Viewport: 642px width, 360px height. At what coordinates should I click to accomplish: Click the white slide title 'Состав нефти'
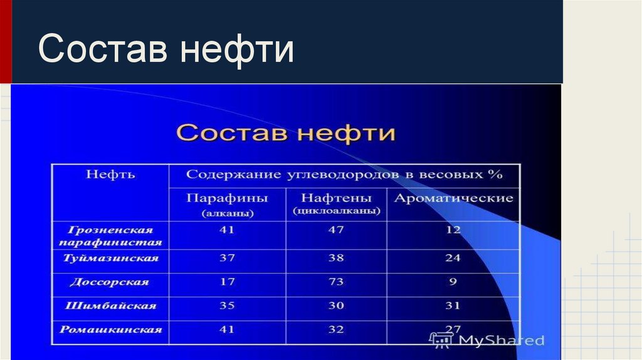pyautogui.click(x=166, y=50)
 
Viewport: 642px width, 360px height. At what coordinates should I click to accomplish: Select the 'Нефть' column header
pyautogui.click(x=110, y=174)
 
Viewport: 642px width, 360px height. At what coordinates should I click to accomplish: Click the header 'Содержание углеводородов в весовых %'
pyautogui.click(x=344, y=174)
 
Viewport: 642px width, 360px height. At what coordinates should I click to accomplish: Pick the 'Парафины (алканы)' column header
pyautogui.click(x=227, y=204)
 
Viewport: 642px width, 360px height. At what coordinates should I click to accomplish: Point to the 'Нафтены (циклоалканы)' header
pyautogui.click(x=336, y=204)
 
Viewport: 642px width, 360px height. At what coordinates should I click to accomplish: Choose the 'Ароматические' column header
pyautogui.click(x=453, y=199)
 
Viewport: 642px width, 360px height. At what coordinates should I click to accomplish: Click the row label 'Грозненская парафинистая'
pyautogui.click(x=110, y=236)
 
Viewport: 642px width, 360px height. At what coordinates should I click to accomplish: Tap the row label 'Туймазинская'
pyautogui.click(x=110, y=258)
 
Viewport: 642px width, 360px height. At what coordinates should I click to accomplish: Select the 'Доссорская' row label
pyautogui.click(x=110, y=282)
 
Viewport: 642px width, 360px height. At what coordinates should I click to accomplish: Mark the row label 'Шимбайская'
pyautogui.click(x=110, y=306)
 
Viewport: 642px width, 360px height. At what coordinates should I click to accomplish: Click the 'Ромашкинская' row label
pyautogui.click(x=110, y=329)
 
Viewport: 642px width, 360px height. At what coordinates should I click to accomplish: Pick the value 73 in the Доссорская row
pyautogui.click(x=336, y=282)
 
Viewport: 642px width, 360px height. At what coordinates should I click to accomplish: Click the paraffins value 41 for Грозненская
pyautogui.click(x=227, y=230)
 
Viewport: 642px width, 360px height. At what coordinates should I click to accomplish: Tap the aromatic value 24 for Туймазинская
pyautogui.click(x=453, y=258)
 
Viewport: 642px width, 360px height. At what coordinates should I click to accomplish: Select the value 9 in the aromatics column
pyautogui.click(x=453, y=282)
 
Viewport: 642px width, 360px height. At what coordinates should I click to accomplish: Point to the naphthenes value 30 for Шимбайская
pyautogui.click(x=336, y=306)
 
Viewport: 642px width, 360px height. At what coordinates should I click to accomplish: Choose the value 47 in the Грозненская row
pyautogui.click(x=336, y=230)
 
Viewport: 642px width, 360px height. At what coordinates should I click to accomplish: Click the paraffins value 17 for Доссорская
pyautogui.click(x=227, y=282)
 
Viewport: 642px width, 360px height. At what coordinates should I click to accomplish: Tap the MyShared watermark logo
pyautogui.click(x=487, y=340)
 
